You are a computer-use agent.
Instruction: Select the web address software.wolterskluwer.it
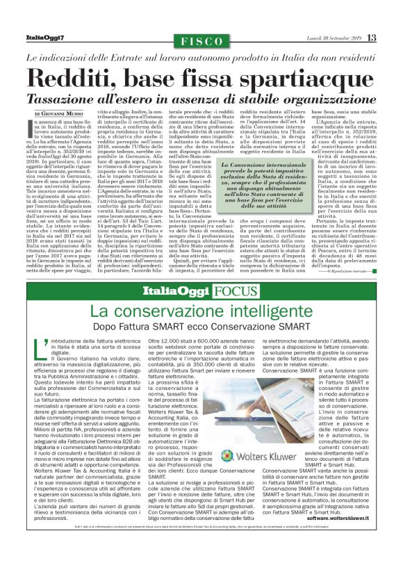coord(330,537)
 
